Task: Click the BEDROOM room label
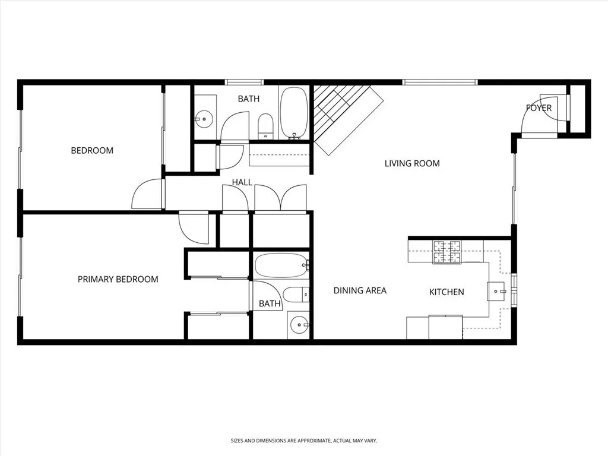click(x=92, y=150)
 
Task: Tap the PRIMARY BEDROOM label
click(x=118, y=279)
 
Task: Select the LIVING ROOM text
click(x=412, y=163)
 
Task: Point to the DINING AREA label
click(x=360, y=290)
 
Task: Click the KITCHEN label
click(x=446, y=292)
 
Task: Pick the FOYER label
click(x=539, y=108)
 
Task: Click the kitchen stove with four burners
click(x=447, y=252)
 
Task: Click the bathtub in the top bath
click(x=294, y=113)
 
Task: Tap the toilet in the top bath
click(x=265, y=125)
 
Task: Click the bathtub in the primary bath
click(x=281, y=265)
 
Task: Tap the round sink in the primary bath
click(x=298, y=325)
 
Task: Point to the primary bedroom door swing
click(x=192, y=229)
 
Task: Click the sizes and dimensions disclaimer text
click(x=304, y=441)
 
